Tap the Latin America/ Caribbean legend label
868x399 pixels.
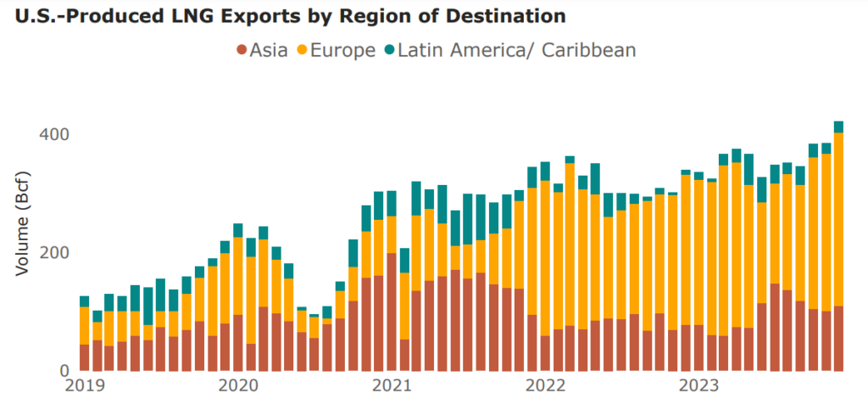(511, 50)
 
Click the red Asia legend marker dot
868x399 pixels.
(242, 51)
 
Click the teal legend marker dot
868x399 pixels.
(390, 51)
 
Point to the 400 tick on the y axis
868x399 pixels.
(53, 135)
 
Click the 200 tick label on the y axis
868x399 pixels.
(53, 253)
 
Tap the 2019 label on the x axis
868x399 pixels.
(85, 386)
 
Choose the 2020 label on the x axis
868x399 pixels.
(238, 386)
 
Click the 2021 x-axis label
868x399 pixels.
(392, 386)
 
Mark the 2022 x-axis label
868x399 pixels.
(545, 386)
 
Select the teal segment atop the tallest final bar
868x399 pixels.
(838, 127)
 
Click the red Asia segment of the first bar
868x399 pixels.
(85, 357)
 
